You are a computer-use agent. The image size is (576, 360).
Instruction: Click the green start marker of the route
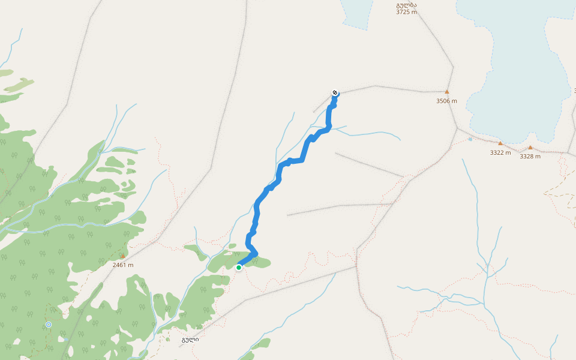pyautogui.click(x=239, y=268)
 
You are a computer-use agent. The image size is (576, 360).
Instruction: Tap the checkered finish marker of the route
pyautogui.click(x=335, y=92)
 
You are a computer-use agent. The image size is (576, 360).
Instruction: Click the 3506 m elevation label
pyautogui.click(x=446, y=101)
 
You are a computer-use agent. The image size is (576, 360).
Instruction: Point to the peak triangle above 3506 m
pyautogui.click(x=446, y=92)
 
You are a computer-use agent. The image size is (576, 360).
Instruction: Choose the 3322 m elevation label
pyautogui.click(x=500, y=152)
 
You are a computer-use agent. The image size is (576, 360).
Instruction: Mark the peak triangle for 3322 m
pyautogui.click(x=500, y=143)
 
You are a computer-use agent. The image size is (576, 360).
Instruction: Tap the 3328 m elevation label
pyautogui.click(x=530, y=156)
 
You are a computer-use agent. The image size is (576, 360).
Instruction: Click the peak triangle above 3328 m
pyautogui.click(x=530, y=147)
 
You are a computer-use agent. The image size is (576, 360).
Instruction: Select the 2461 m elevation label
pyautogui.click(x=122, y=265)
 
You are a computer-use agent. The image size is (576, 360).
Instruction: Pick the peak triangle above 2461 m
pyautogui.click(x=122, y=256)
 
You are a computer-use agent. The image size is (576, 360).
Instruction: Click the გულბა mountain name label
pyautogui.click(x=406, y=5)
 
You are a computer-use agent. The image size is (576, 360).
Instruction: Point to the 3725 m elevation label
pyautogui.click(x=406, y=12)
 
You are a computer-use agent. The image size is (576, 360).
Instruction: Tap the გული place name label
pyautogui.click(x=190, y=340)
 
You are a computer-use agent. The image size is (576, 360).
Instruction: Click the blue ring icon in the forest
pyautogui.click(x=49, y=325)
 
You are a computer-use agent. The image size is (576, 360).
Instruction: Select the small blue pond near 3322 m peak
pyautogui.click(x=470, y=139)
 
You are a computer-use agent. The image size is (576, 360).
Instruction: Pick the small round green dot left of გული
pyautogui.click(x=167, y=340)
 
